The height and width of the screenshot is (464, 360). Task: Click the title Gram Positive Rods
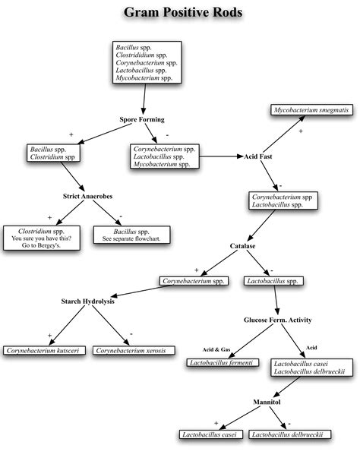click(x=180, y=13)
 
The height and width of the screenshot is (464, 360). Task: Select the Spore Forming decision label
click(x=141, y=120)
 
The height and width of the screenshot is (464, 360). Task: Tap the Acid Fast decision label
click(x=259, y=156)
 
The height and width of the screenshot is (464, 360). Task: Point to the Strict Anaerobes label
click(x=87, y=197)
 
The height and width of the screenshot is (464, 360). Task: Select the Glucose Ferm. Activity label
click(x=278, y=320)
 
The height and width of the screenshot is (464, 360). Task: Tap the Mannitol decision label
click(x=267, y=401)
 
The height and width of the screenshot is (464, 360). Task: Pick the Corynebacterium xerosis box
click(x=134, y=351)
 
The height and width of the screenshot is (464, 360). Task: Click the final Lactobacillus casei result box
click(x=210, y=434)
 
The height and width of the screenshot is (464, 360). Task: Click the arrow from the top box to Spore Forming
click(x=142, y=99)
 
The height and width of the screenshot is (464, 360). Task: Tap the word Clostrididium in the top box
click(x=134, y=55)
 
